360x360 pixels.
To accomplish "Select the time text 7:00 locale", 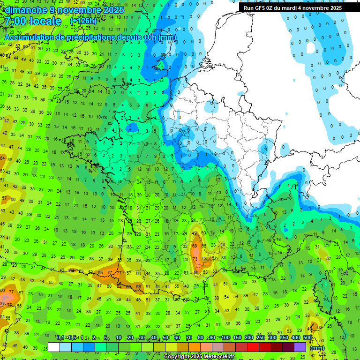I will click(x=33, y=21).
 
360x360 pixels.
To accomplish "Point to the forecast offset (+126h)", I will click(x=83, y=22).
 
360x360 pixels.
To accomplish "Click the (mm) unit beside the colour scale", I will click(x=317, y=348).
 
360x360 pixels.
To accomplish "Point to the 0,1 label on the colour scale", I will click(x=60, y=338).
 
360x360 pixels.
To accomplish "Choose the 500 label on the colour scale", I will click(x=307, y=338).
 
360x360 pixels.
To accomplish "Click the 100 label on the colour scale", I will click(x=225, y=338).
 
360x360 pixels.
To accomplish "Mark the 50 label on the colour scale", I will click(x=165, y=338).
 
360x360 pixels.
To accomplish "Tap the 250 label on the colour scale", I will click(x=261, y=338).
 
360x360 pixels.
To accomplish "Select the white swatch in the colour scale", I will click(x=54, y=347).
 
